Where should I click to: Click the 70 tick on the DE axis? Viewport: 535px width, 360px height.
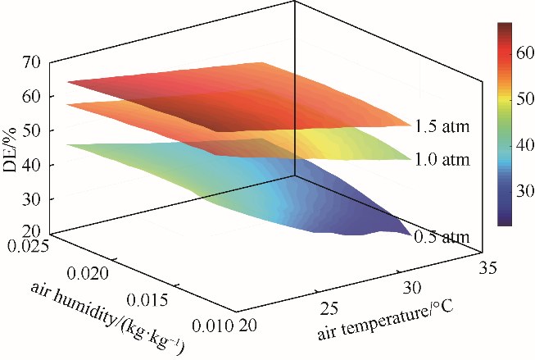(x=34, y=62)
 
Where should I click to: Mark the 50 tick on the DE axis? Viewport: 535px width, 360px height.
(x=34, y=130)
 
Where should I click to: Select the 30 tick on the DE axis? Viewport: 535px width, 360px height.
(x=34, y=199)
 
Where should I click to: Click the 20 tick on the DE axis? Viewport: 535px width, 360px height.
(x=34, y=234)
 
